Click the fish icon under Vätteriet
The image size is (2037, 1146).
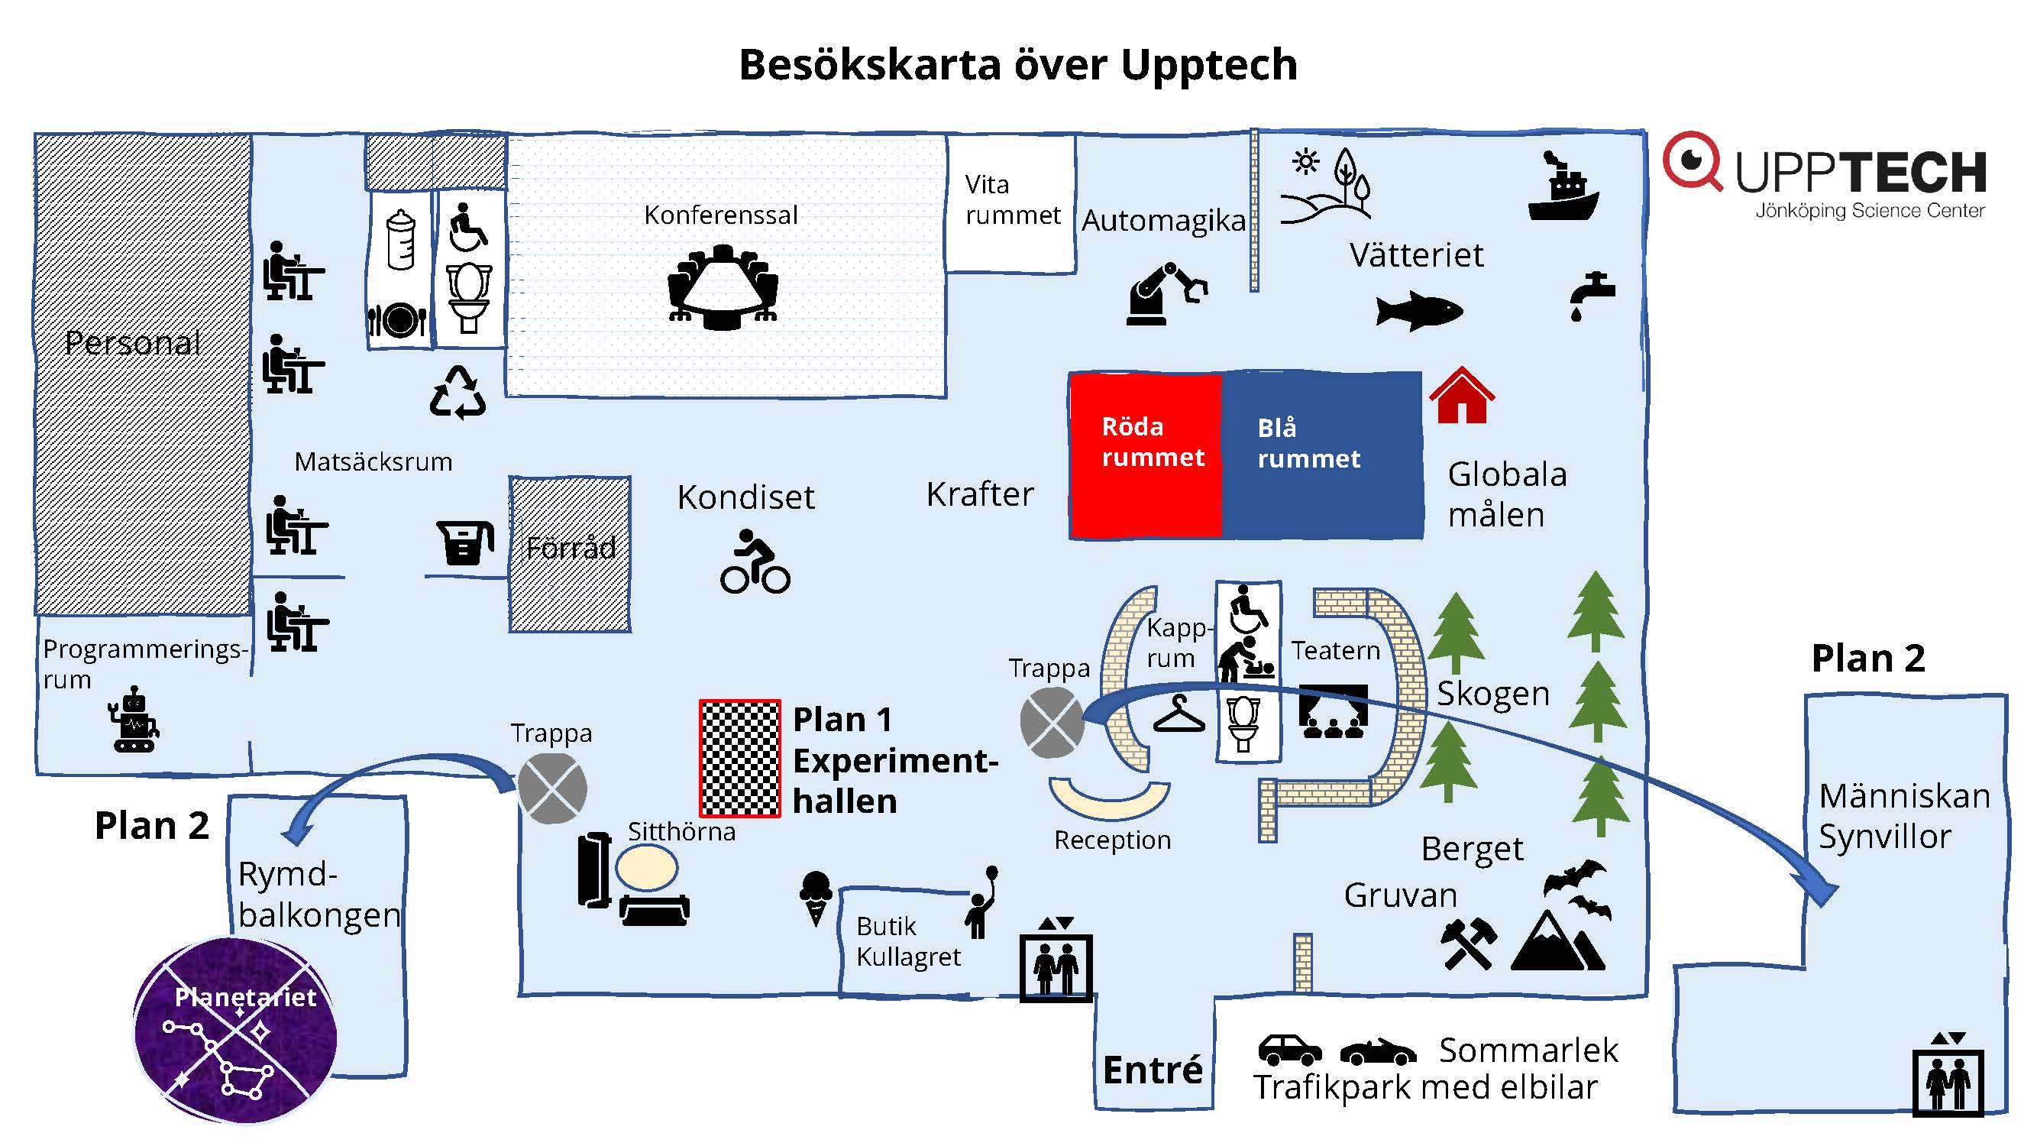coord(1418,310)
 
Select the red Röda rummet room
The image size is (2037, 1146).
coord(1145,455)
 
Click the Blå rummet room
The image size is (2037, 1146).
coord(1321,455)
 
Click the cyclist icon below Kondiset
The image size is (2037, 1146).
coord(755,562)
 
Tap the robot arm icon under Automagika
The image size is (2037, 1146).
coord(1166,293)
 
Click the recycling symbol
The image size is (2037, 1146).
coord(458,392)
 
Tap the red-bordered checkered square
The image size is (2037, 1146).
coord(739,758)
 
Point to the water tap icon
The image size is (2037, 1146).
coord(1591,295)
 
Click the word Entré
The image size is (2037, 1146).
coord(1152,1070)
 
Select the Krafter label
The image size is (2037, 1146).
coord(980,494)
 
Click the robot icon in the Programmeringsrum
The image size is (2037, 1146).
coord(134,720)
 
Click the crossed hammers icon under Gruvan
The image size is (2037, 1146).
coord(1468,943)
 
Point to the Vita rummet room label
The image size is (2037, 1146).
coord(1011,200)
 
